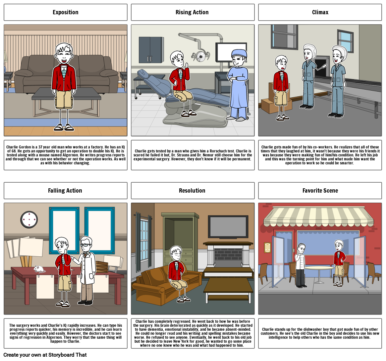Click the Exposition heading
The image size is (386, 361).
click(x=66, y=12)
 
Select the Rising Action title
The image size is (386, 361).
click(x=192, y=12)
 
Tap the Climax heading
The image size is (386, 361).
click(x=320, y=12)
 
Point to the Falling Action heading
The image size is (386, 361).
click(x=65, y=191)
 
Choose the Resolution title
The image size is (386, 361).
click(x=192, y=191)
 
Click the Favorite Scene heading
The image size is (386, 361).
click(x=320, y=191)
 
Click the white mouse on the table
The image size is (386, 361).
click(x=39, y=269)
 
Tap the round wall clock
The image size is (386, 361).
click(x=29, y=220)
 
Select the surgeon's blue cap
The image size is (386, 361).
click(x=239, y=53)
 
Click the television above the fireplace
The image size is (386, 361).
click(x=228, y=227)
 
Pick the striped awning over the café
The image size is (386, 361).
click(x=319, y=217)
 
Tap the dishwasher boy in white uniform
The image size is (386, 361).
click(x=301, y=265)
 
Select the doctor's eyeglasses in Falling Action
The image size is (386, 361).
click(x=85, y=245)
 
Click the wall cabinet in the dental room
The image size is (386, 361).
click(x=151, y=50)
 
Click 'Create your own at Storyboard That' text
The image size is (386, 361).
click(x=45, y=355)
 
